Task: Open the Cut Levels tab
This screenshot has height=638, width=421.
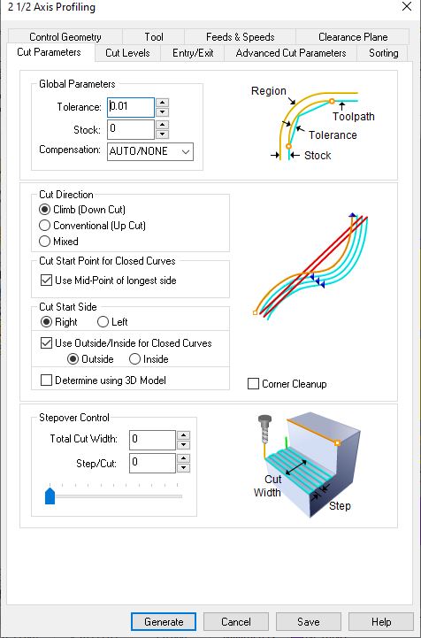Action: click(x=127, y=53)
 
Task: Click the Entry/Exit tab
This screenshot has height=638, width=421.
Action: click(x=193, y=53)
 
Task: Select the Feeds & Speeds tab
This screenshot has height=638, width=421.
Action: click(x=240, y=37)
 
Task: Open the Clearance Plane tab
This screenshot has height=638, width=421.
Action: click(x=353, y=37)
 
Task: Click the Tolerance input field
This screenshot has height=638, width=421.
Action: click(x=131, y=107)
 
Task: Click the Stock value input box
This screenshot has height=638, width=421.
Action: click(x=131, y=129)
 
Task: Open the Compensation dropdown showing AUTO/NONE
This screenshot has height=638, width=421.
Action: click(x=150, y=152)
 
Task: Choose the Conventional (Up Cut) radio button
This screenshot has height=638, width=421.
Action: click(x=44, y=226)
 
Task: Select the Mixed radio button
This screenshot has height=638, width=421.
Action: click(x=44, y=242)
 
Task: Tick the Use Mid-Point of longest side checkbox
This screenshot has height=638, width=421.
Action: click(x=46, y=281)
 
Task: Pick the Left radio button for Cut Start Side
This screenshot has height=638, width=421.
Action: click(x=103, y=322)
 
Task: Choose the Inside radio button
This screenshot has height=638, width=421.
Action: click(x=134, y=359)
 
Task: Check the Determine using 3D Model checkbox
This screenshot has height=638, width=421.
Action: click(x=46, y=380)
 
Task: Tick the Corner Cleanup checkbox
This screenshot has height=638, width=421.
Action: click(x=254, y=384)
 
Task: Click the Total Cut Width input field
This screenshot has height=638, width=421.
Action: click(x=152, y=441)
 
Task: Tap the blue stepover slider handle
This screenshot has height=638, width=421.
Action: click(x=50, y=496)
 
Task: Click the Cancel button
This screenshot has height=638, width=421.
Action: click(x=236, y=622)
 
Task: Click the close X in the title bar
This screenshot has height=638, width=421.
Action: click(x=406, y=7)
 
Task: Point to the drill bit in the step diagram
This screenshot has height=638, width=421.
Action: click(x=264, y=430)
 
